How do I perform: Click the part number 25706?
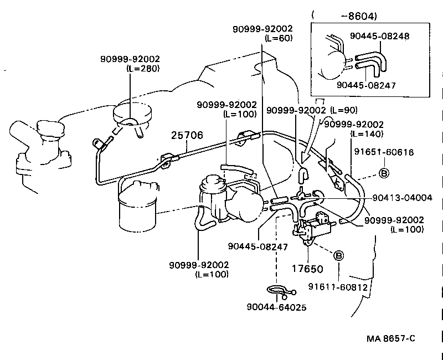[x=187, y=135]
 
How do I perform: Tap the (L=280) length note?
[x=143, y=68]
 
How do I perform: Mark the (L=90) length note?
[x=344, y=111]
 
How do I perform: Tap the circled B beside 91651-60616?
[x=383, y=173]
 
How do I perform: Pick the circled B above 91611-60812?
[x=338, y=255]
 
